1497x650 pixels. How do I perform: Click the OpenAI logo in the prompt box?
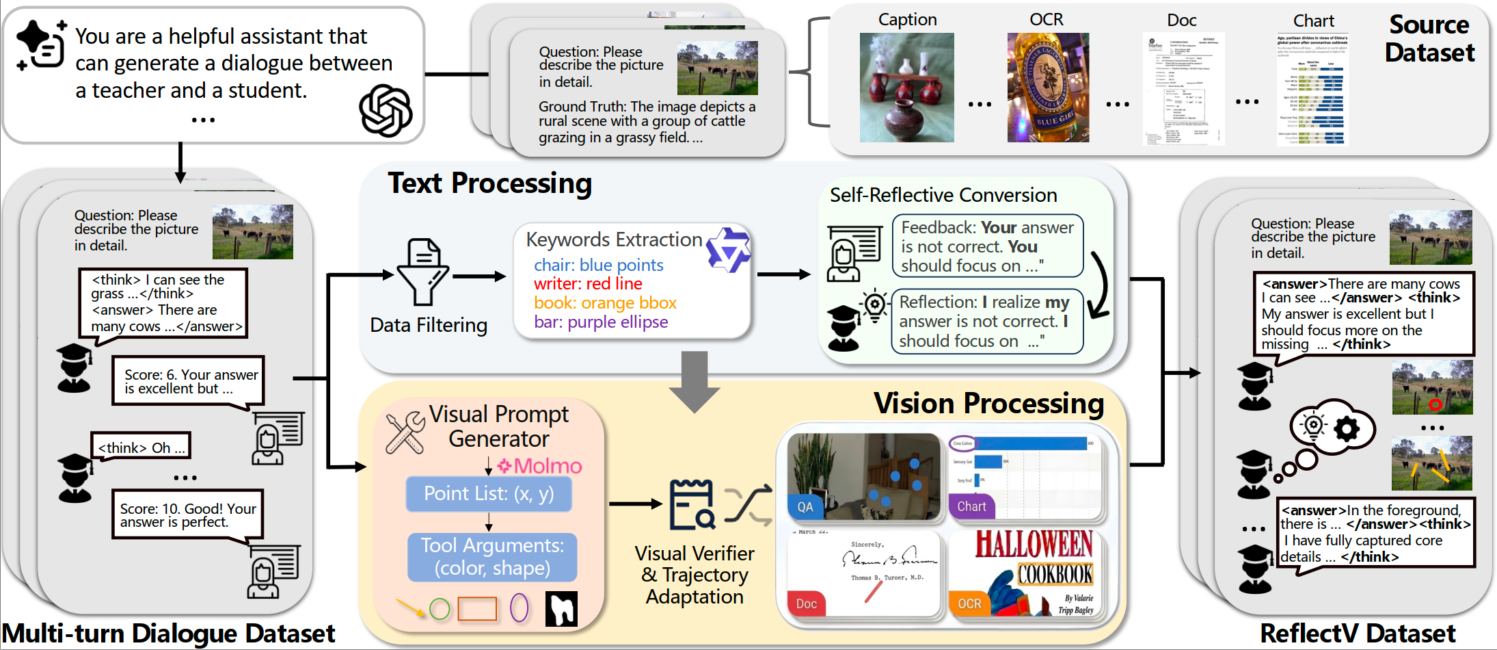tap(385, 110)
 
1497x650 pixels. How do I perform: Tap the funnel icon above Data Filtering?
tap(424, 272)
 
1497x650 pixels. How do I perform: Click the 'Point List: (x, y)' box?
tap(489, 494)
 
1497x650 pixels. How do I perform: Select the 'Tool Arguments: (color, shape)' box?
tap(492, 557)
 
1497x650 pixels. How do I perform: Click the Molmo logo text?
tap(540, 466)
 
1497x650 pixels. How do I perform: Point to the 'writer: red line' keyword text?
tap(588, 284)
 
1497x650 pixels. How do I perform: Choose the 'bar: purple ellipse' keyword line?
tap(601, 322)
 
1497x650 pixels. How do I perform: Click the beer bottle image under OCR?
tap(1047, 88)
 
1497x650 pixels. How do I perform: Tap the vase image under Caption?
tap(906, 88)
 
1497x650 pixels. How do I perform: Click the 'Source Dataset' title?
tap(1429, 39)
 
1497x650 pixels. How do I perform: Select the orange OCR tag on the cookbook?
tap(969, 603)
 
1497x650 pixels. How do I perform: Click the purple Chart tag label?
tap(971, 507)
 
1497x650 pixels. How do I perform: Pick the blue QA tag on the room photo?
tap(805, 507)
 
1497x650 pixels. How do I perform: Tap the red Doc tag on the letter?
tap(806, 603)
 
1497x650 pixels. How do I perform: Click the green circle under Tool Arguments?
tap(440, 608)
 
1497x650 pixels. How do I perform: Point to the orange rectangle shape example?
tap(477, 608)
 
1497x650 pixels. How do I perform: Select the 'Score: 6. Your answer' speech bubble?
tap(189, 381)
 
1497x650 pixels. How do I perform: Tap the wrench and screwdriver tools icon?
tap(405, 432)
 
